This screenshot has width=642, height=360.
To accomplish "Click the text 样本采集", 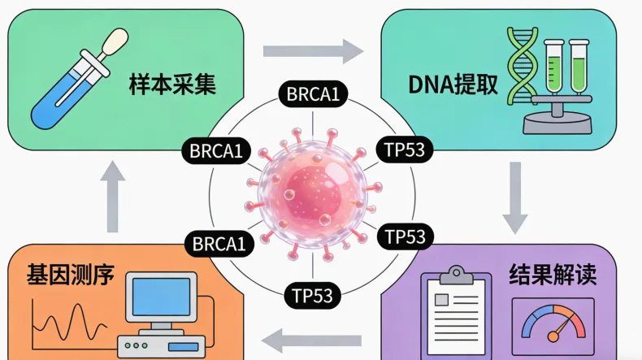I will click(172, 85).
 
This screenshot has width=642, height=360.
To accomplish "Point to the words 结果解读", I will click(553, 274).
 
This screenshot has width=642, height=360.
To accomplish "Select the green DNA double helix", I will click(519, 69).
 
